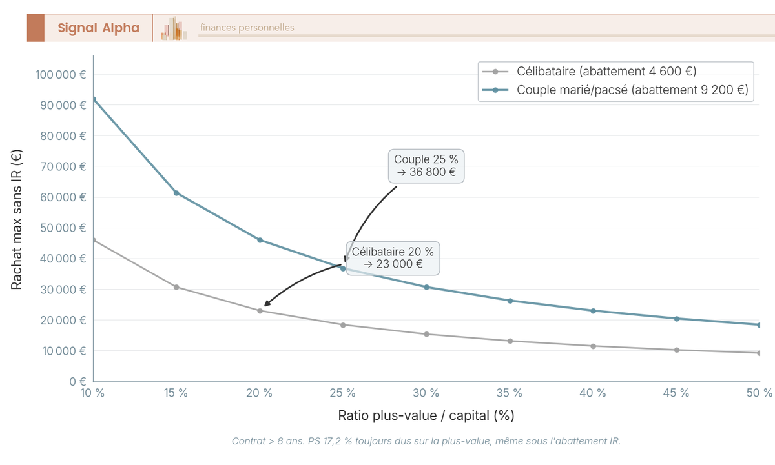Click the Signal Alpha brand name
98,28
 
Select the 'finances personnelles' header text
247,28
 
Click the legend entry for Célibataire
606,71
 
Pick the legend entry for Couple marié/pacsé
632,90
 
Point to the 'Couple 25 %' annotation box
426,166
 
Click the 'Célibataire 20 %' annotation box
393,257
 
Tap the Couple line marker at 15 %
176,193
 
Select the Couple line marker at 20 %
260,240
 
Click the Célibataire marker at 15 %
176,287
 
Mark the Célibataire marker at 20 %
260,311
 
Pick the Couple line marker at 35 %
510,301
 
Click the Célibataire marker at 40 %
594,346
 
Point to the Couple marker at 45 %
677,319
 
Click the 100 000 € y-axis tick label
61,74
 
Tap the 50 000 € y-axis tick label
63,228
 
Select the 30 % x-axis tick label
426,393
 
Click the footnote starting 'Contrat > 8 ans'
426,441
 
